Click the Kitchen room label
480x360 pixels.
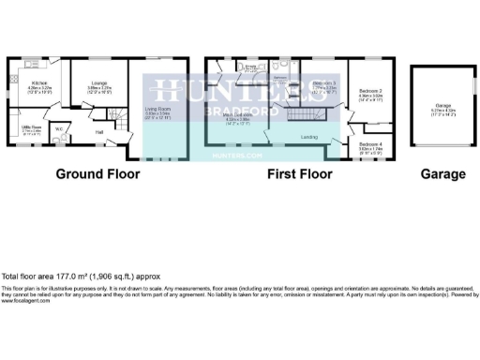pyautogui.click(x=27, y=86)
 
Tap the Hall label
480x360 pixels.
pyautogui.click(x=99, y=132)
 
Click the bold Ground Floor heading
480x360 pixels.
pyautogui.click(x=97, y=174)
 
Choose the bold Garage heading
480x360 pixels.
pyautogui.click(x=442, y=174)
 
